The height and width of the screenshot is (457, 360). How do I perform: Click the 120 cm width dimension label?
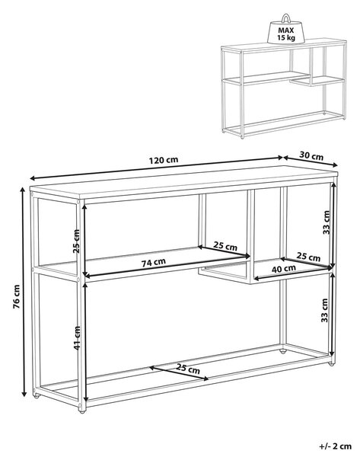point(164,160)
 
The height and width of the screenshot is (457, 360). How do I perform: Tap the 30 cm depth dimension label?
point(311,156)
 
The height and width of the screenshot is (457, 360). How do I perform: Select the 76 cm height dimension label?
point(17,296)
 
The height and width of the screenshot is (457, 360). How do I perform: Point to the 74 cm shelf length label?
point(154,263)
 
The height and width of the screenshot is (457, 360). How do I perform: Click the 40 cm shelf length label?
point(284,268)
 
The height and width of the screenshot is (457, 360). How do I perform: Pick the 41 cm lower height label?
point(77,338)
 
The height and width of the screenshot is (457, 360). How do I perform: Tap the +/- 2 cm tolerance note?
point(335,446)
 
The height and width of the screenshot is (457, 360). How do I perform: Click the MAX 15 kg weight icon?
point(285,29)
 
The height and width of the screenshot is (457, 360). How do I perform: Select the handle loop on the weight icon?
point(285,18)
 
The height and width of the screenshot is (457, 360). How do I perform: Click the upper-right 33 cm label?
point(327,222)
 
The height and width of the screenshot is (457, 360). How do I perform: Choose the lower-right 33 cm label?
point(324,310)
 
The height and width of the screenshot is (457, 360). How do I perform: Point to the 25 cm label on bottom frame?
point(188,369)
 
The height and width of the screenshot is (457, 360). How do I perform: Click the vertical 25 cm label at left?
point(76,241)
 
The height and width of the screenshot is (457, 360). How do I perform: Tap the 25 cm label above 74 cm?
point(225,246)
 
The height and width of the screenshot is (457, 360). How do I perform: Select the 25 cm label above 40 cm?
point(308,257)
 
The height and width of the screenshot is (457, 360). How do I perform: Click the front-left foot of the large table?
point(82,411)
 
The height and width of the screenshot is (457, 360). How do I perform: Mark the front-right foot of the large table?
point(330,363)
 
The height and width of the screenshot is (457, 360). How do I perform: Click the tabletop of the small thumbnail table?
point(284,46)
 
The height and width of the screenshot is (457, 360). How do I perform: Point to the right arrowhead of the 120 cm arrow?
point(280,158)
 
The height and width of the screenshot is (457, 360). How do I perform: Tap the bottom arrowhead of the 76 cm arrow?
point(24,394)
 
